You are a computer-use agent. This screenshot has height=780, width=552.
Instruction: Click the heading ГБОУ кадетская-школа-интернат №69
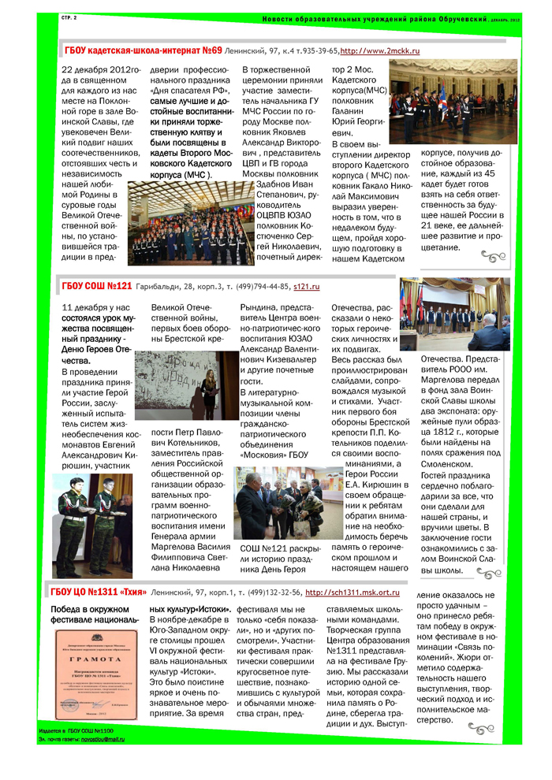tap(143, 50)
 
